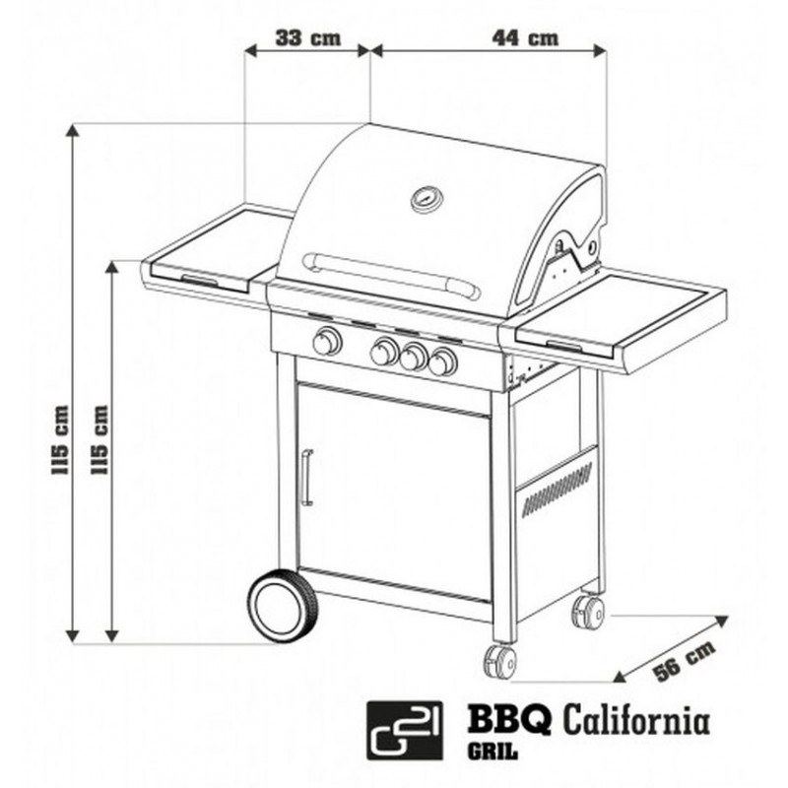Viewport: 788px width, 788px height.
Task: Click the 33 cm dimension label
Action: tap(308, 38)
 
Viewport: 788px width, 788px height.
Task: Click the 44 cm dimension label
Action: tap(525, 38)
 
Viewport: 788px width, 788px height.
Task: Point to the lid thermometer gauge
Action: tap(427, 199)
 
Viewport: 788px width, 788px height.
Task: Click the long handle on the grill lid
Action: tap(391, 276)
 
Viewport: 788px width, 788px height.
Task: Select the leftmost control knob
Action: tap(327, 342)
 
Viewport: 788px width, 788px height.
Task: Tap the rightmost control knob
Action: tap(442, 361)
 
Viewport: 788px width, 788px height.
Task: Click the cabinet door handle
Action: tap(306, 478)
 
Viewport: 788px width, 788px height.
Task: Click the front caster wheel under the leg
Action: tap(500, 662)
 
